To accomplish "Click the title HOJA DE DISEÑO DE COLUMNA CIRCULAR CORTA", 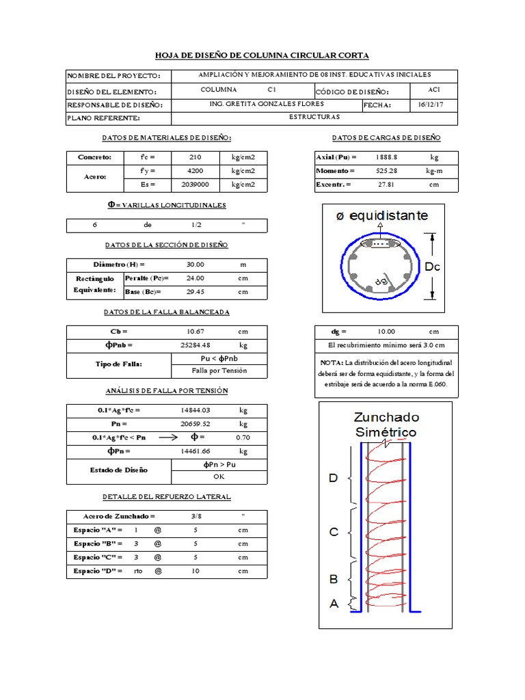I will [x=262, y=55].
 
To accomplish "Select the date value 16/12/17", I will [x=430, y=105].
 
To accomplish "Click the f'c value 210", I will [x=195, y=157].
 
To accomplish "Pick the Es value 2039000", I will [x=195, y=185].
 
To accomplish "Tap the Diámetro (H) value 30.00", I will [x=195, y=265].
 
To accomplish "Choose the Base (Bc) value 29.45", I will [x=195, y=292].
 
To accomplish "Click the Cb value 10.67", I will [x=195, y=332].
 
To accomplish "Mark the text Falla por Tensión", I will [x=219, y=371].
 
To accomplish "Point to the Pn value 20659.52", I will [x=195, y=424].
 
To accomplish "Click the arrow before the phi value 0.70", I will [x=169, y=437].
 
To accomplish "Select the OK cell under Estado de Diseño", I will [x=219, y=476].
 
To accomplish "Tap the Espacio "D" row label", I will [x=98, y=571].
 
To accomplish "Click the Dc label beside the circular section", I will [x=433, y=267].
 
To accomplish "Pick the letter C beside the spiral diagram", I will [x=334, y=531].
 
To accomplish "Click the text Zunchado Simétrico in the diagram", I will [x=386, y=425].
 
